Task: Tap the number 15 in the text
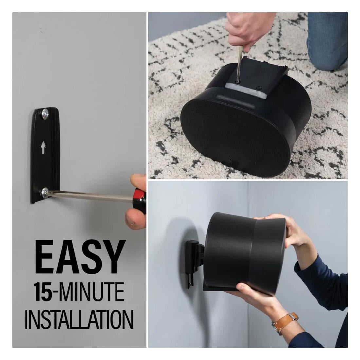[43, 292]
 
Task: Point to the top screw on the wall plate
[45, 114]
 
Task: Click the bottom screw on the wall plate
[45, 193]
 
